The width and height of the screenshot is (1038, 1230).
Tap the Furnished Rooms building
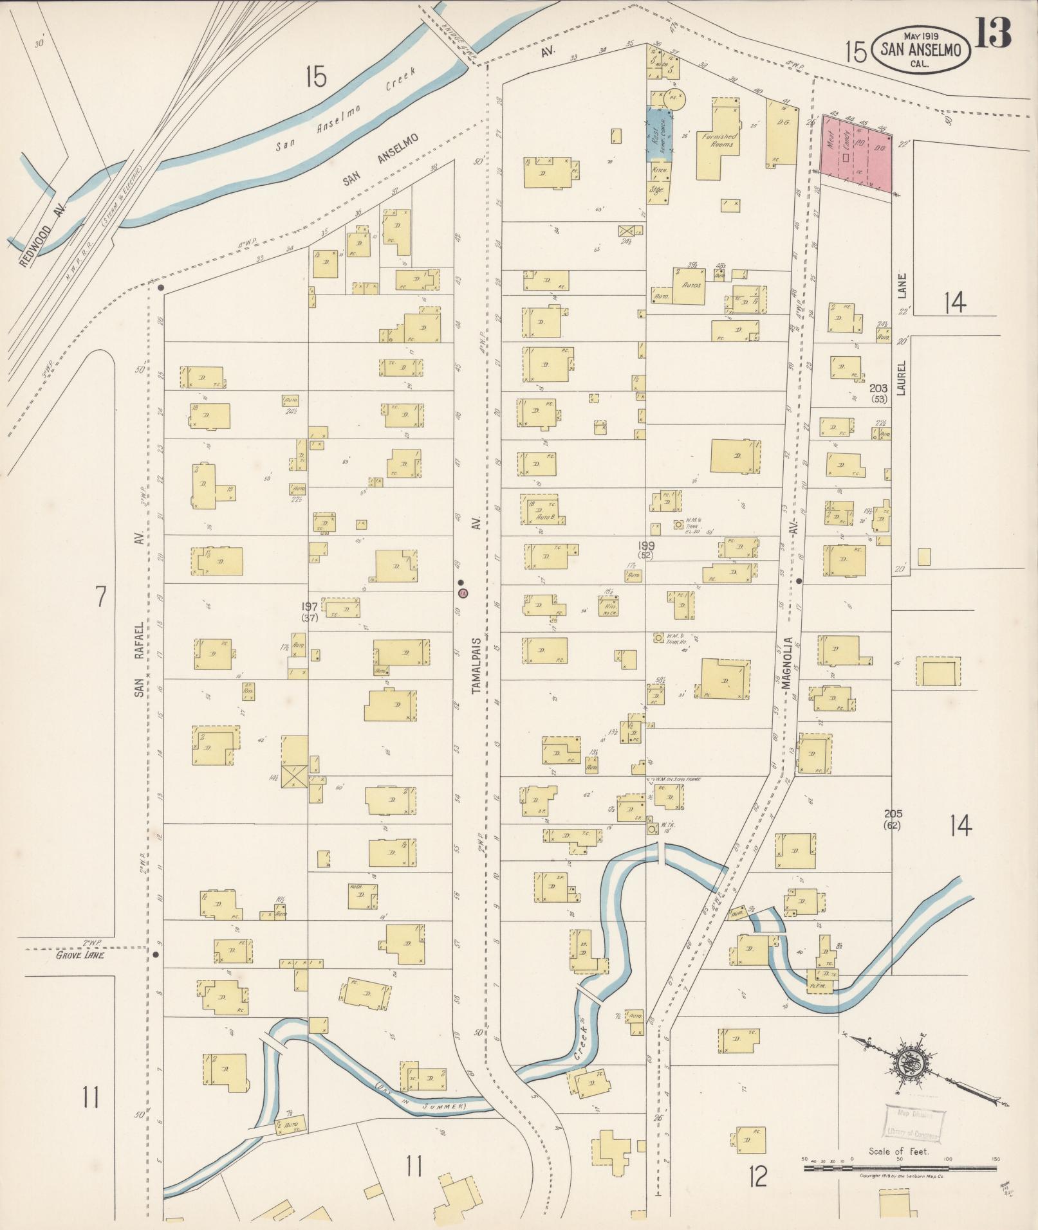tap(719, 139)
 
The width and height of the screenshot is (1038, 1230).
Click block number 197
tap(310, 611)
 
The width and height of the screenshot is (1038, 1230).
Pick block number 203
tap(878, 393)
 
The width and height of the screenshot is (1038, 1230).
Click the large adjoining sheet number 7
tap(100, 597)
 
